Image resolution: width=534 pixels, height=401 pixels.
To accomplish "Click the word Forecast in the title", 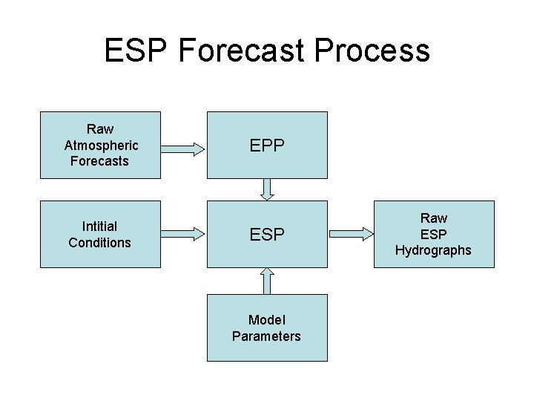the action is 243,50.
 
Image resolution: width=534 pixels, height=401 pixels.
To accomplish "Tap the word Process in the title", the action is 372,50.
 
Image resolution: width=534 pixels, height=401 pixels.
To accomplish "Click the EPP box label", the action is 267,146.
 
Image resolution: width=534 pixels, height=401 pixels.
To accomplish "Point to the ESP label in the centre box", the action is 267,235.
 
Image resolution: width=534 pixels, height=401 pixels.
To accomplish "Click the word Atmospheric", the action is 100,145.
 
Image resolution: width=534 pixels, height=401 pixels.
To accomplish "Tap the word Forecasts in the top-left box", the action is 100,161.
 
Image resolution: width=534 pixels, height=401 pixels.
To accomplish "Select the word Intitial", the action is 100,226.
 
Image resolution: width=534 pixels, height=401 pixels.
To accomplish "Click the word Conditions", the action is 100,243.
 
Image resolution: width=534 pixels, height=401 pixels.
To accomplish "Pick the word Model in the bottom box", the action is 267,320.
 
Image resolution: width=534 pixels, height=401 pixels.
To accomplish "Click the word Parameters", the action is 267,336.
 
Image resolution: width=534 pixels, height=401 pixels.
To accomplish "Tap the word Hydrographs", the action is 433,250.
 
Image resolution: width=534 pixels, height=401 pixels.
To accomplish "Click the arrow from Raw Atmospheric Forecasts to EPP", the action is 182,149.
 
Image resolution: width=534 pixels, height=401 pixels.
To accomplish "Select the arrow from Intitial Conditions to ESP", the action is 182,234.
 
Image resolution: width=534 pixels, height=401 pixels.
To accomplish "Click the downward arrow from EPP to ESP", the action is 267,189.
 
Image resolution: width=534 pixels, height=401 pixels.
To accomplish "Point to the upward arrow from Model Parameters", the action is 267,281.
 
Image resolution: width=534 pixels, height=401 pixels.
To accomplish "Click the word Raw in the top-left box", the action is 100,129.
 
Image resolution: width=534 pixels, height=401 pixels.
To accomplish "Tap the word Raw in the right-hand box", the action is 434,218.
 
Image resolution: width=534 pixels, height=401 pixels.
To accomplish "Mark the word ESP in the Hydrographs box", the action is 434,234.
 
